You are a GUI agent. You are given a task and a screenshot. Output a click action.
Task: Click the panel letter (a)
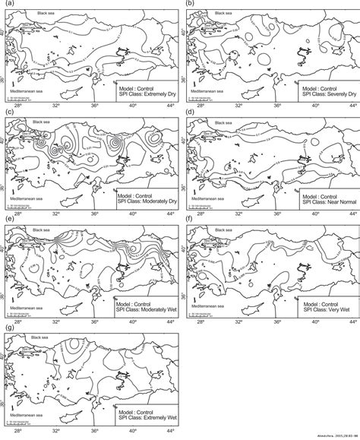(x=8, y=5)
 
